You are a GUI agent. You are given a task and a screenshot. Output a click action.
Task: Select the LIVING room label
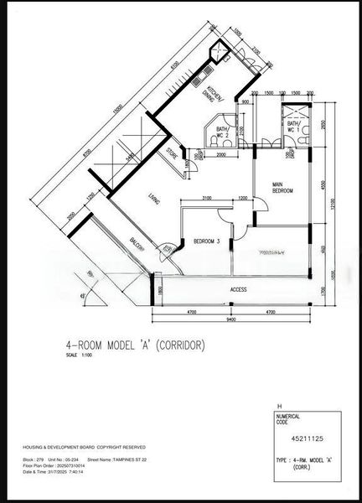pos(153,198)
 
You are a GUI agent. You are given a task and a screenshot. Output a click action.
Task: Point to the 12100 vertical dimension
pos(331,204)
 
